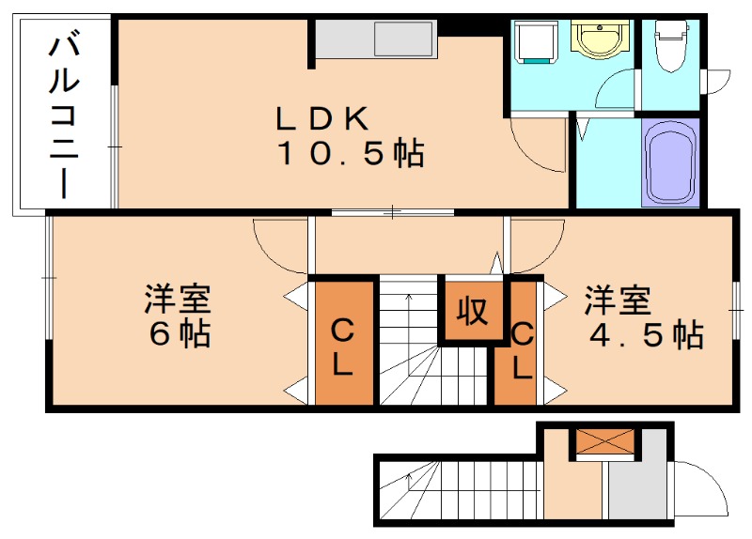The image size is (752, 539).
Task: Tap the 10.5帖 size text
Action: (x=349, y=153)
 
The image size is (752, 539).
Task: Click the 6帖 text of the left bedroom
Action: (x=180, y=334)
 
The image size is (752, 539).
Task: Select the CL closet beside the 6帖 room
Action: (x=342, y=344)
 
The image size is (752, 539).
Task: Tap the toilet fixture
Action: (x=669, y=48)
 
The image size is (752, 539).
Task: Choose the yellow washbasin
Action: (x=595, y=40)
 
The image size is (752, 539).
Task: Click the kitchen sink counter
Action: (x=376, y=39)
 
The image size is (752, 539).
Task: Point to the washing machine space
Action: (x=535, y=43)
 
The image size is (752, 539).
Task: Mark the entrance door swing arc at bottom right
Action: (x=700, y=488)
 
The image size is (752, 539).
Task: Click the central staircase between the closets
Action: (x=410, y=343)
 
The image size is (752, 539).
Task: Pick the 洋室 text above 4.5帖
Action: (x=619, y=301)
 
